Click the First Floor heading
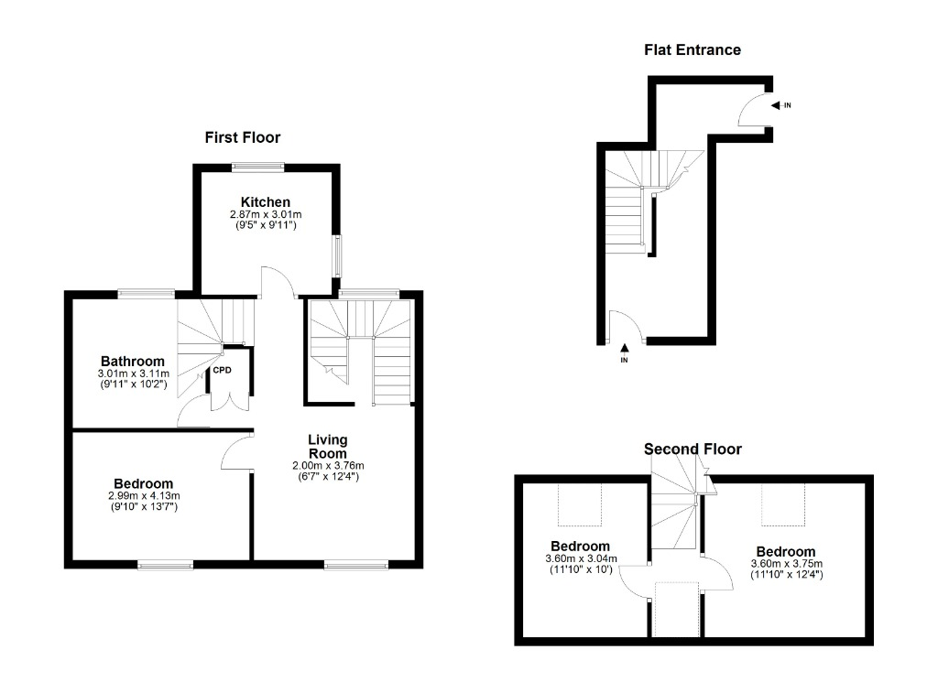(x=242, y=137)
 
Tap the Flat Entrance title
(x=693, y=50)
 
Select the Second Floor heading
(x=693, y=449)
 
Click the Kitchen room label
(x=266, y=202)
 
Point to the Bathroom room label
(x=132, y=361)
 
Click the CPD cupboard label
(x=222, y=370)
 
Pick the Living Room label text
(x=327, y=447)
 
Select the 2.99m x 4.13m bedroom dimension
(x=144, y=495)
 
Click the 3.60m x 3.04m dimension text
(x=581, y=558)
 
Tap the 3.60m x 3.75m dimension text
(x=787, y=564)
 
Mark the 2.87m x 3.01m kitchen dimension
(x=266, y=214)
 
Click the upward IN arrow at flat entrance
(x=625, y=347)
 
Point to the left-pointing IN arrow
(x=776, y=106)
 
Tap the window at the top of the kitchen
(x=257, y=168)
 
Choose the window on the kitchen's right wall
(x=337, y=255)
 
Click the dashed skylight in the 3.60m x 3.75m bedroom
(x=783, y=504)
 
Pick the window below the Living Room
(x=356, y=564)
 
